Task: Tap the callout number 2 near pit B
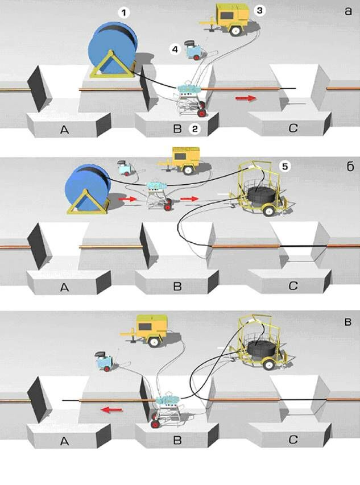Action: tap(195, 130)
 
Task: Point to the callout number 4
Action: tap(175, 50)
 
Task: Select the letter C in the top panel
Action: tap(293, 130)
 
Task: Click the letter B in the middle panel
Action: tap(177, 286)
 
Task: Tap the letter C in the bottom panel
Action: tap(292, 440)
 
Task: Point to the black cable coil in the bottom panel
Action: tap(263, 349)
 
